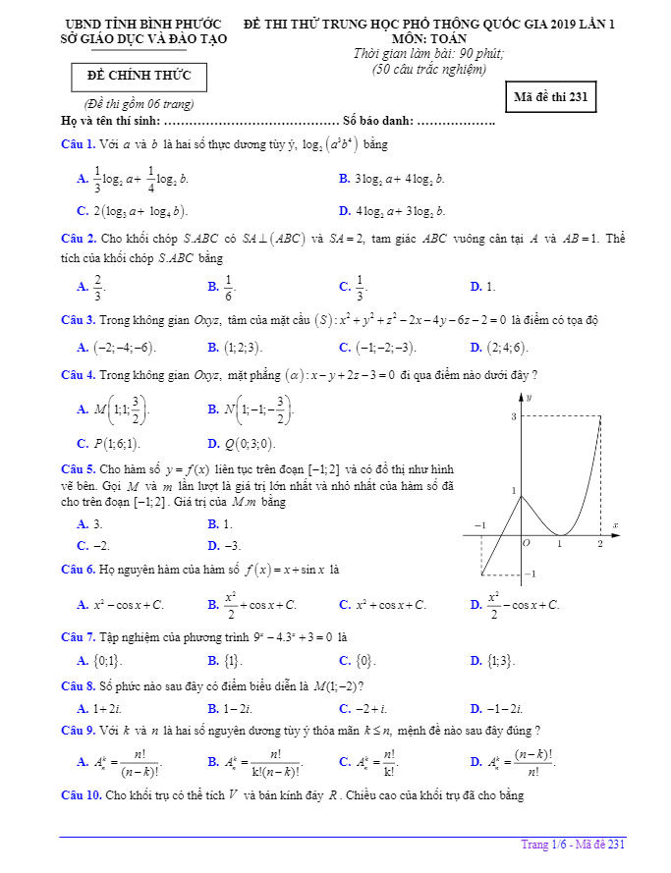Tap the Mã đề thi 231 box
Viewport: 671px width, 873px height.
pyautogui.click(x=550, y=96)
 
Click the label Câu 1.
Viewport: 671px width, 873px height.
pyautogui.click(x=78, y=145)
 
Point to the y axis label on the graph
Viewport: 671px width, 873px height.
pyautogui.click(x=529, y=397)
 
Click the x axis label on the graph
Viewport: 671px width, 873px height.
pyautogui.click(x=615, y=525)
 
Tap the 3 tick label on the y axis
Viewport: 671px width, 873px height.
pyautogui.click(x=513, y=417)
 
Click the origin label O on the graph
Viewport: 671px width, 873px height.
pyautogui.click(x=526, y=542)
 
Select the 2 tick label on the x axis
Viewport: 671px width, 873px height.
pyautogui.click(x=600, y=543)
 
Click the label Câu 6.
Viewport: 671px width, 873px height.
pyautogui.click(x=78, y=569)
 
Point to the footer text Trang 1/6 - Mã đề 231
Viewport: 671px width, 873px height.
pyautogui.click(x=573, y=845)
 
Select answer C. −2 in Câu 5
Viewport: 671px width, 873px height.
pyautogui.click(x=93, y=545)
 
